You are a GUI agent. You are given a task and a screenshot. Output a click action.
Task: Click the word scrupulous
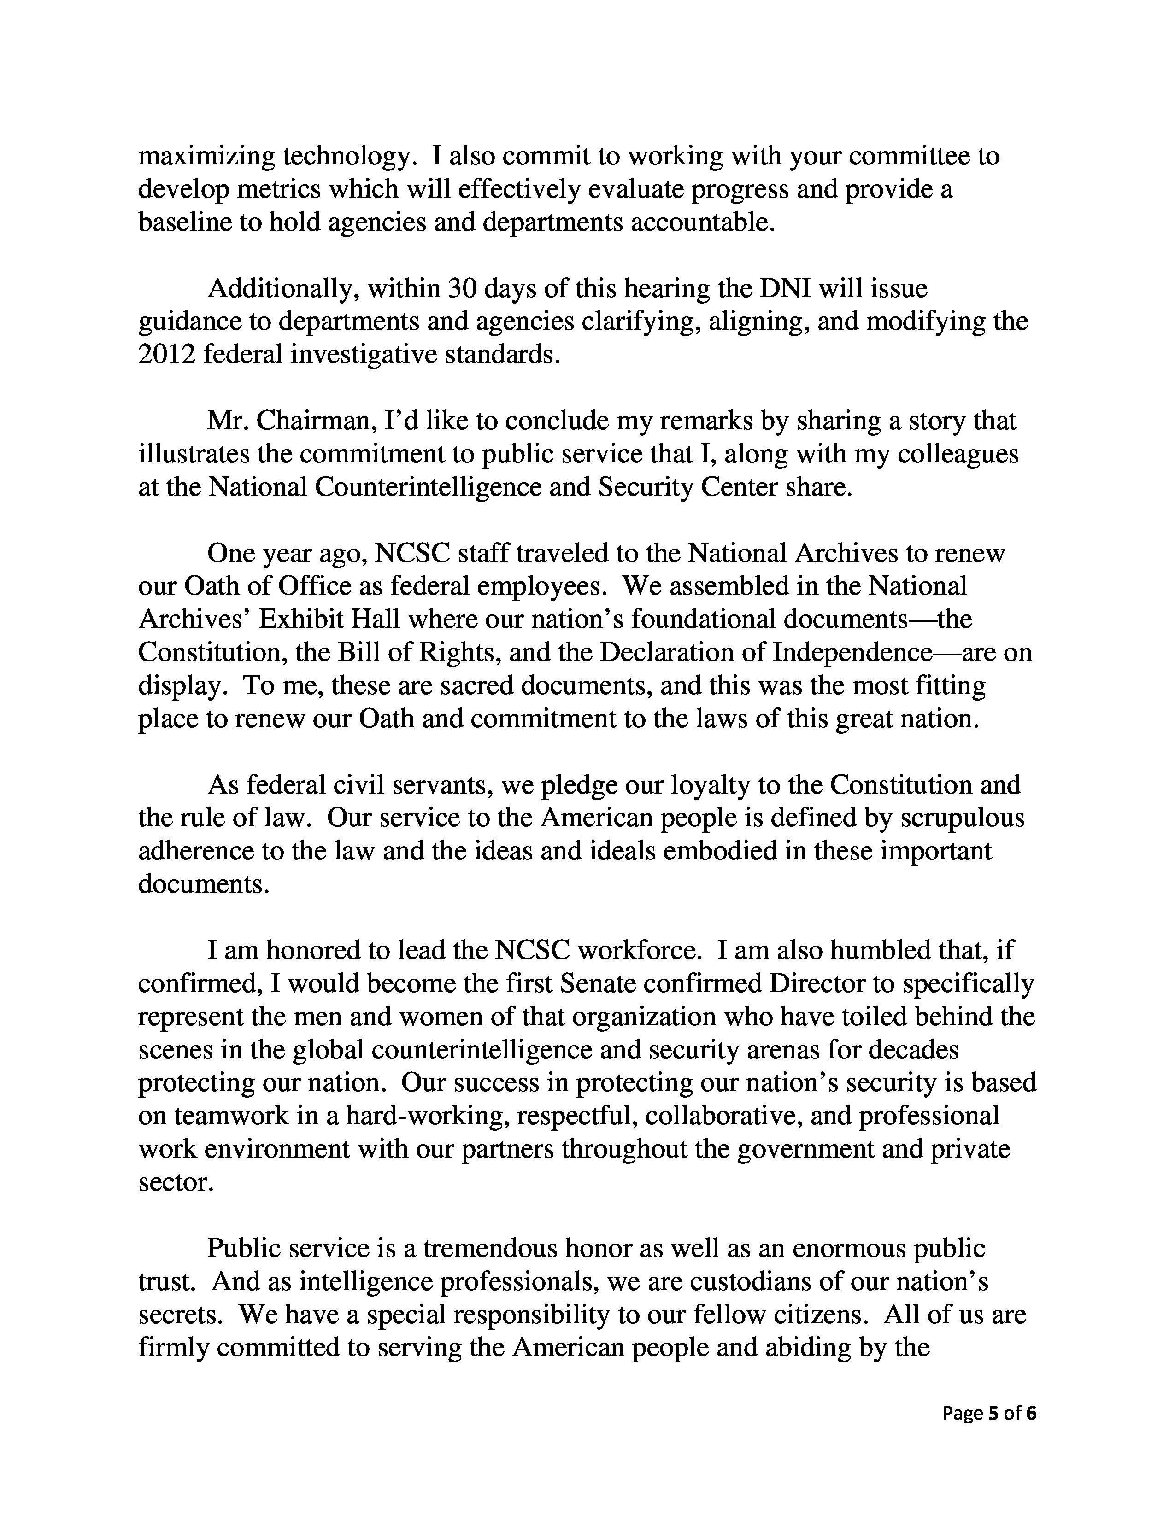coord(963,818)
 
